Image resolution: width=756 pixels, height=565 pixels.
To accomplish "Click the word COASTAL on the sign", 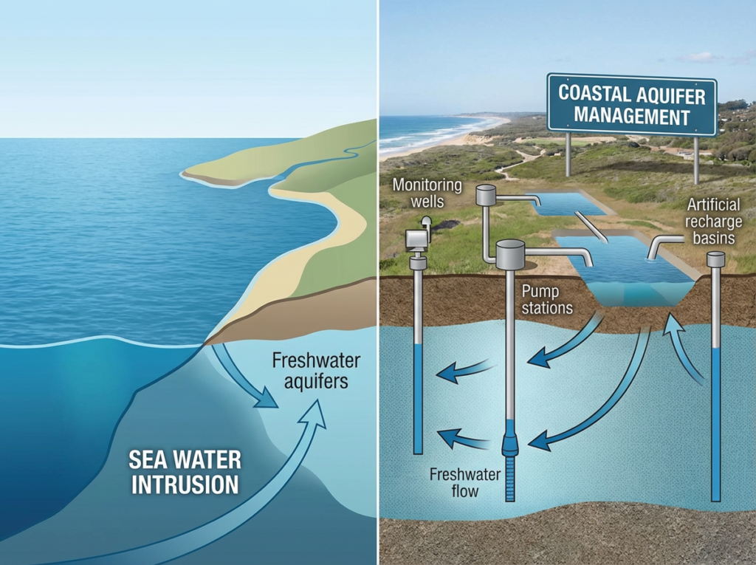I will click(x=594, y=95).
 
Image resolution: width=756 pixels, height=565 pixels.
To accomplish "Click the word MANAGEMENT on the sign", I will click(x=632, y=117).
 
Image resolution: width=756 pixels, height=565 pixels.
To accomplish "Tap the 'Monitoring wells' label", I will click(x=427, y=193).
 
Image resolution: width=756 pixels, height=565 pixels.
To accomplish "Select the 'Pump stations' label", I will click(x=547, y=299).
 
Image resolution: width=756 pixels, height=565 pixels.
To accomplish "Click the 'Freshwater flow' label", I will click(x=465, y=482).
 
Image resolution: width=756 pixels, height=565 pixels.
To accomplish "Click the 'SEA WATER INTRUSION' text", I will click(x=185, y=472).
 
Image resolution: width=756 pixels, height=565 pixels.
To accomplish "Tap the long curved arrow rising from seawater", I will click(x=244, y=510).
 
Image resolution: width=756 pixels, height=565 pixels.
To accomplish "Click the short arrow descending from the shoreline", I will click(x=244, y=380).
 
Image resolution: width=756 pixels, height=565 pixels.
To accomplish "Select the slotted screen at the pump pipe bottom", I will click(x=510, y=480).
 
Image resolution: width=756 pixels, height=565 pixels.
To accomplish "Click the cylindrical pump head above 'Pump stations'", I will click(x=510, y=255).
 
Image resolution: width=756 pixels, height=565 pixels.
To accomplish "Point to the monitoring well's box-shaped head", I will click(x=418, y=238).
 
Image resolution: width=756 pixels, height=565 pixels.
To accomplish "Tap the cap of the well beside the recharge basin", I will click(x=715, y=259).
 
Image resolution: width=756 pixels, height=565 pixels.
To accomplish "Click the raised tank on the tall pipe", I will click(x=486, y=195).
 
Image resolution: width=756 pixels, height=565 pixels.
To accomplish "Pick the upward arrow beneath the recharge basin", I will click(x=683, y=347).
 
